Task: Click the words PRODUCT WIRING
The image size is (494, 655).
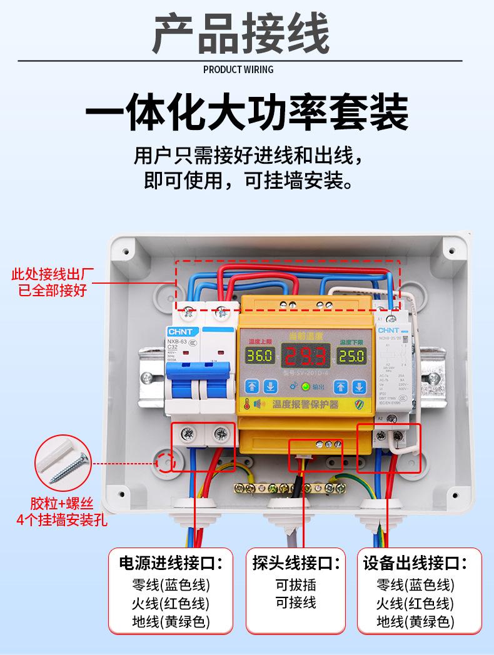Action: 238,69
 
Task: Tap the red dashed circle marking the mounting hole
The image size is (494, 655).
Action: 165,463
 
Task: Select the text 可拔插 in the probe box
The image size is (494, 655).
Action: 296,585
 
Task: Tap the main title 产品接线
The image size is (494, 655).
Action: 241,34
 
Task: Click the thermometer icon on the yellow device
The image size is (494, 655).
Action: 248,404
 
